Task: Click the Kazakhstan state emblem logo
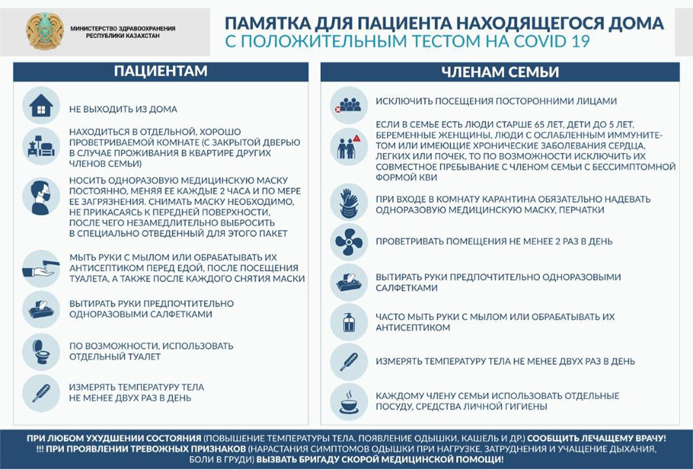45,31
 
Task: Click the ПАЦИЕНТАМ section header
161,72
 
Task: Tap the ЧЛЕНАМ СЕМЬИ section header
500,72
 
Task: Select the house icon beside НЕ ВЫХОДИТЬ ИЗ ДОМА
41,106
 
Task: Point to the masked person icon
41,196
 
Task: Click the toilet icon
41,351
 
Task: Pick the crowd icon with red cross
348,104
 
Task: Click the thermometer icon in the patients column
41,392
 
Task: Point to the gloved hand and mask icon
348,203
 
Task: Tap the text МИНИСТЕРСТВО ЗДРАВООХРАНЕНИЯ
123,28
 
